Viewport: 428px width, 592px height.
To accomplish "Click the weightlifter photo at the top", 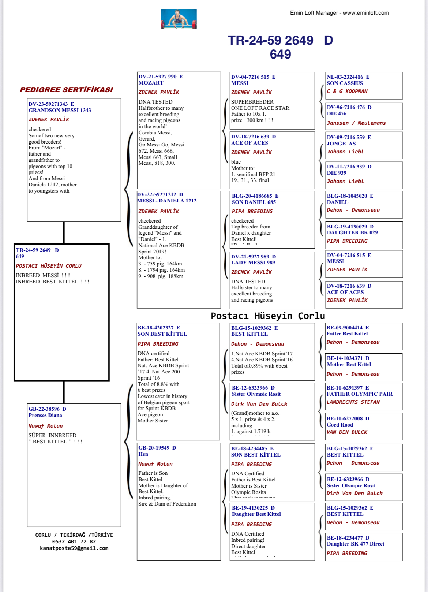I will coord(179,19).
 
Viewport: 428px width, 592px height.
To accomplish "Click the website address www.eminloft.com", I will coord(366,13).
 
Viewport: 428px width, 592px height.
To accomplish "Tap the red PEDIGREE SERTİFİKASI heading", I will coord(66,90).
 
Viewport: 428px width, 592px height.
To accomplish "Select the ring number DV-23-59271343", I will coord(48,104).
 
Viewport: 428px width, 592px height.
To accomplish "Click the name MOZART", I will coord(151,83).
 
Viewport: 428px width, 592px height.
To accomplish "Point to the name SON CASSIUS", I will coord(345,83).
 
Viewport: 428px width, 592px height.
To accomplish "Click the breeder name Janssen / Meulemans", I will coord(356,123).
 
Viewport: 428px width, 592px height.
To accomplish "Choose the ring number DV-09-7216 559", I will coord(346,137).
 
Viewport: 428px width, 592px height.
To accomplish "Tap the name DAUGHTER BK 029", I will coord(352,232).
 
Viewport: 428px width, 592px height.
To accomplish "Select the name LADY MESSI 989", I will coord(253,263).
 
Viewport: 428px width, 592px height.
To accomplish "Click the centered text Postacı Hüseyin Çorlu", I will coord(268,316).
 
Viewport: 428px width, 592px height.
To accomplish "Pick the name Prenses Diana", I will coord(45,415).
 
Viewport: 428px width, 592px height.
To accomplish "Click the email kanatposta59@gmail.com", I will coord(74,548).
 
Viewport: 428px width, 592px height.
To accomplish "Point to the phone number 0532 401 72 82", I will coord(74,541).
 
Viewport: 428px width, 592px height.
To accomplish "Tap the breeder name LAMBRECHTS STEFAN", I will coord(353,402).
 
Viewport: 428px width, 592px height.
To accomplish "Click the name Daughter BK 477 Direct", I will coord(355,544).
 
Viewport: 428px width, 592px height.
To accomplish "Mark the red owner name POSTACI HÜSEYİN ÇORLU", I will coord(48,266).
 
